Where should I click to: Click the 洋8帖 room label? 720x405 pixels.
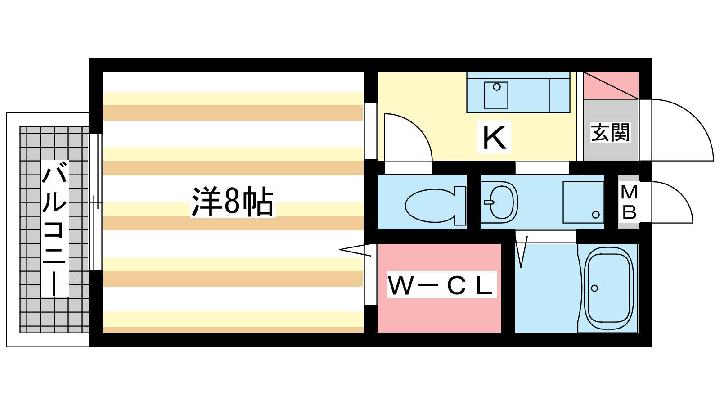233,202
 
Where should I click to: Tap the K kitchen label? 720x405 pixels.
494,137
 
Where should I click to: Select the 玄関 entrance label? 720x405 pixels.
610,132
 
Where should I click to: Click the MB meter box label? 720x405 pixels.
629,202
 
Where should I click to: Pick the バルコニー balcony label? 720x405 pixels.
54,229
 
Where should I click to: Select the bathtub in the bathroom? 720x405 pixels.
608,288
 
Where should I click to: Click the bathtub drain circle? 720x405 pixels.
594,288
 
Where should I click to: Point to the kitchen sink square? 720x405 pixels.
496,95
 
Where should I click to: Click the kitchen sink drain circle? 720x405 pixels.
497,87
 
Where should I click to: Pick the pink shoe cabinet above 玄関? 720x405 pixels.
611,85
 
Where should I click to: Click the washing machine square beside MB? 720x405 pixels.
583,202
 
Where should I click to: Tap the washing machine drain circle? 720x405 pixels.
596,215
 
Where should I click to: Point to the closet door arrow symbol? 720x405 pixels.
355,250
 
